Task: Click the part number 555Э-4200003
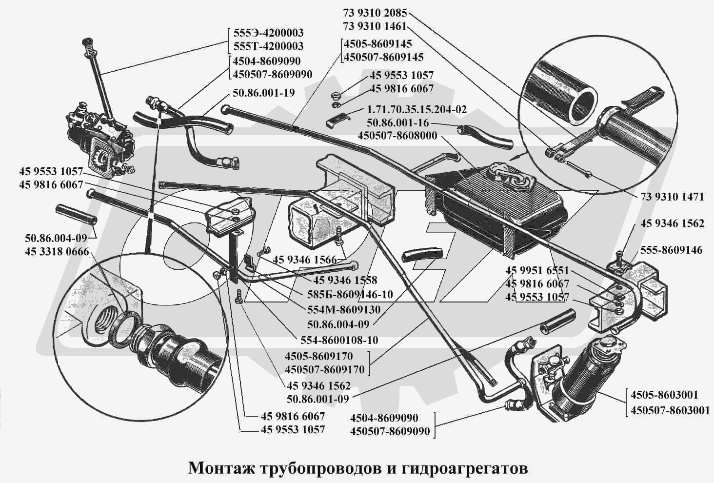click(268, 33)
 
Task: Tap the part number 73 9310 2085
click(375, 14)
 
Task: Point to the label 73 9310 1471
click(670, 197)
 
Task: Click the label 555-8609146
click(672, 250)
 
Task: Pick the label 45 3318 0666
click(57, 252)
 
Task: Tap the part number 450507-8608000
click(397, 136)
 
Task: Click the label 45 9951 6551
click(537, 271)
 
